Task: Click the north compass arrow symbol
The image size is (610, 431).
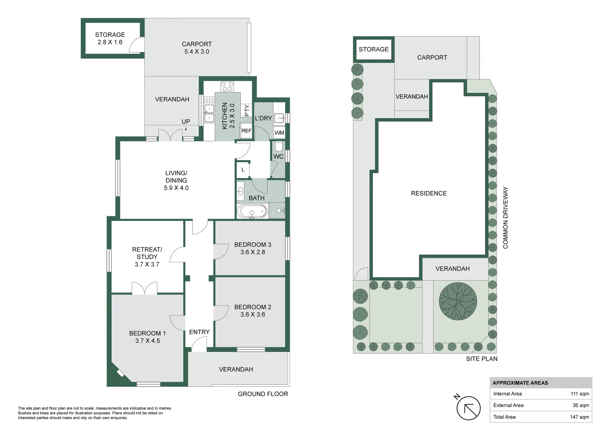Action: (x=468, y=408)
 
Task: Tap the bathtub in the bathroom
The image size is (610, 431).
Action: (x=252, y=212)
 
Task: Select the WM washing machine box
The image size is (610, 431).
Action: (x=279, y=132)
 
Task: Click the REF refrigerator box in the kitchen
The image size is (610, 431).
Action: (x=246, y=131)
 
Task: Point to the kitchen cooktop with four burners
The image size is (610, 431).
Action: (x=227, y=86)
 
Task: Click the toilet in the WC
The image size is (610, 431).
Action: (x=279, y=146)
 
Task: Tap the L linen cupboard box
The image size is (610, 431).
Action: (x=243, y=170)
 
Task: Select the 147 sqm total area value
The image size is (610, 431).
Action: (x=579, y=417)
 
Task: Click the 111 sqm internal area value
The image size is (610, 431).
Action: (x=580, y=394)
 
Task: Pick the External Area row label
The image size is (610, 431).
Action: (x=508, y=405)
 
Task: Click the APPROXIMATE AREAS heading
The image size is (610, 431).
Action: (x=520, y=383)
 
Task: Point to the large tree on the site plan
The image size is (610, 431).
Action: (x=458, y=301)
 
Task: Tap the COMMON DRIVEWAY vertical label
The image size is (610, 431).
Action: (x=505, y=218)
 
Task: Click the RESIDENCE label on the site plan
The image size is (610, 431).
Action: (x=429, y=194)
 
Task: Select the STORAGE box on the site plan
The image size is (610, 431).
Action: (x=374, y=49)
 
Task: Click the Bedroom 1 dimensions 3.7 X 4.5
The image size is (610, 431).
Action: (x=147, y=341)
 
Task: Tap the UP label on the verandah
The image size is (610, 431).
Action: (x=186, y=122)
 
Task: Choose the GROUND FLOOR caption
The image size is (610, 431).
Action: (x=263, y=394)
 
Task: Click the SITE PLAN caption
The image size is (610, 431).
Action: (x=481, y=359)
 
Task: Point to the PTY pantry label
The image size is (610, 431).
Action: (x=247, y=111)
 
